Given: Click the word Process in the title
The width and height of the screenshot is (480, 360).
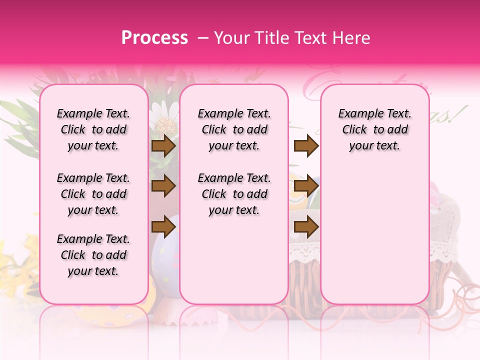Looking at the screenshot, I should (x=154, y=37).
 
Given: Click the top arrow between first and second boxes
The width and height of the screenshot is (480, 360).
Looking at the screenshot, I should (x=163, y=145).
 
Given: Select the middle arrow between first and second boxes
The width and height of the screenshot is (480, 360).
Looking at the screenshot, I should (x=163, y=186).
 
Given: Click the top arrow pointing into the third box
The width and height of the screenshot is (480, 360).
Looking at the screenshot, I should (x=306, y=145).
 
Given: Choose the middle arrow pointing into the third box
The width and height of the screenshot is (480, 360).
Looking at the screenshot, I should (x=306, y=186).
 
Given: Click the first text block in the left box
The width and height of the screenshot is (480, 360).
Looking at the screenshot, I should (x=93, y=129).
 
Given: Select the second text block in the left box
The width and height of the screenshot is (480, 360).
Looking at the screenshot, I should (x=93, y=194).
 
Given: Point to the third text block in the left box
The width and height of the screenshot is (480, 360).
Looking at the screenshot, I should (x=93, y=255).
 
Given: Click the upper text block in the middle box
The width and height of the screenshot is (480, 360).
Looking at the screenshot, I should (x=234, y=129).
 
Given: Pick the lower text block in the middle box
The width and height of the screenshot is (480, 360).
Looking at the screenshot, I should (x=234, y=194).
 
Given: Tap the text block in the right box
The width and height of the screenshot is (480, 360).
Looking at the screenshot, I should (x=374, y=129).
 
